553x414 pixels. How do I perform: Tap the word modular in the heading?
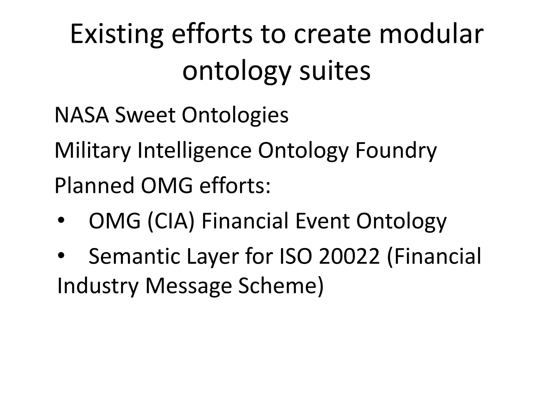coord(431,34)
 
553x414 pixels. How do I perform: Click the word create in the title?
coord(332,34)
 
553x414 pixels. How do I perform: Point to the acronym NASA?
coord(82,115)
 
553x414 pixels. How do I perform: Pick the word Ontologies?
coord(235,115)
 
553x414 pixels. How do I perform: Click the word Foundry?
coord(396,151)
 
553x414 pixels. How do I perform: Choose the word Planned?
coord(94,186)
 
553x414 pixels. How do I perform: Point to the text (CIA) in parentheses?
coord(171,221)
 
